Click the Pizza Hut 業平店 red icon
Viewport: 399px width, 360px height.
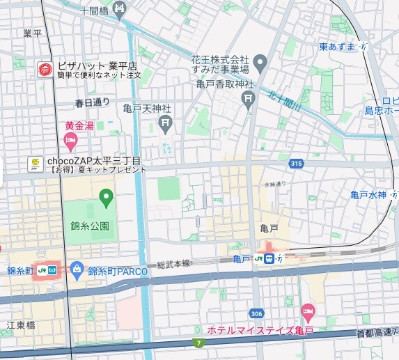click(45, 69)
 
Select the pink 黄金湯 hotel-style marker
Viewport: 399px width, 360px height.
click(70, 141)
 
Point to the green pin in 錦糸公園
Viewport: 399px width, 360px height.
click(106, 198)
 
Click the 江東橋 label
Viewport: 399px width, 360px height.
click(20, 325)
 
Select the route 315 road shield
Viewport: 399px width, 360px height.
click(297, 163)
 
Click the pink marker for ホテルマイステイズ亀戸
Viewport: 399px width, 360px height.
click(308, 311)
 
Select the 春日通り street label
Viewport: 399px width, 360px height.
click(92, 102)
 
